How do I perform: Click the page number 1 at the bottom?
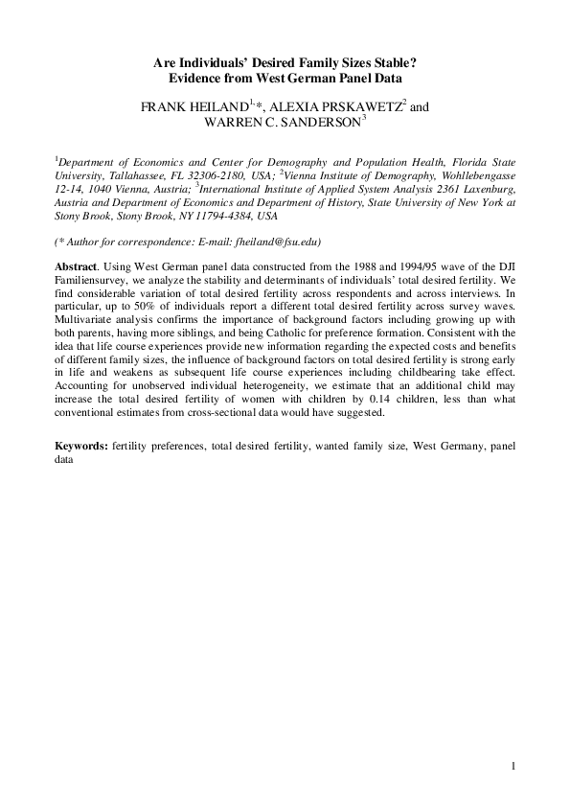(x=513, y=765)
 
